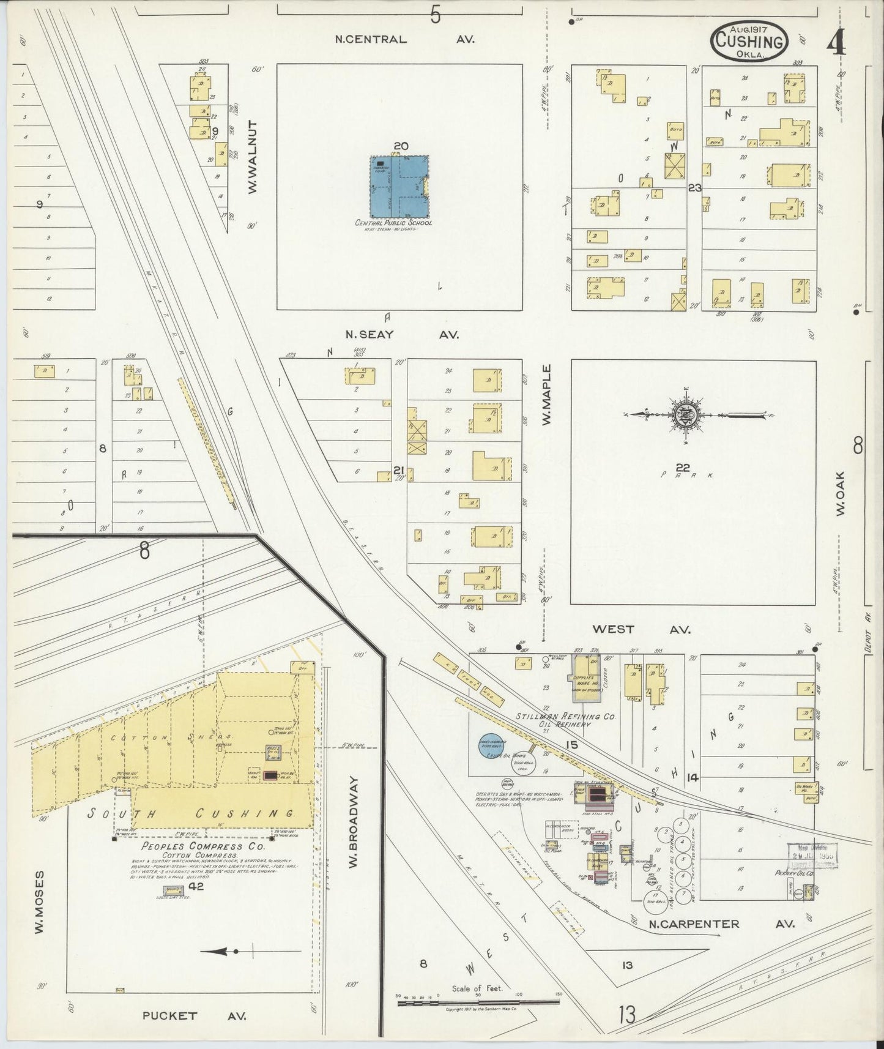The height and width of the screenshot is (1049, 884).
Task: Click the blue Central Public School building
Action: (399, 186)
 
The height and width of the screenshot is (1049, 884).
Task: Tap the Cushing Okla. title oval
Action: (749, 41)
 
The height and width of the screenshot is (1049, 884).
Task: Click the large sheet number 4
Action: (836, 43)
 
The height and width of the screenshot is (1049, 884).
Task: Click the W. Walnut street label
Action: (253, 157)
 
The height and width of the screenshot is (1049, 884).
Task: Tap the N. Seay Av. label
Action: (401, 334)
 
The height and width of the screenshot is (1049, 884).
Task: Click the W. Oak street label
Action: (840, 493)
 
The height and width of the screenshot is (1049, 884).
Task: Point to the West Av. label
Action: (641, 629)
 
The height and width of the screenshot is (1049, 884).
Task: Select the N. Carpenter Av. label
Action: (721, 924)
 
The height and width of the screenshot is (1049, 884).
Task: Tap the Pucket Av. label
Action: (194, 1015)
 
